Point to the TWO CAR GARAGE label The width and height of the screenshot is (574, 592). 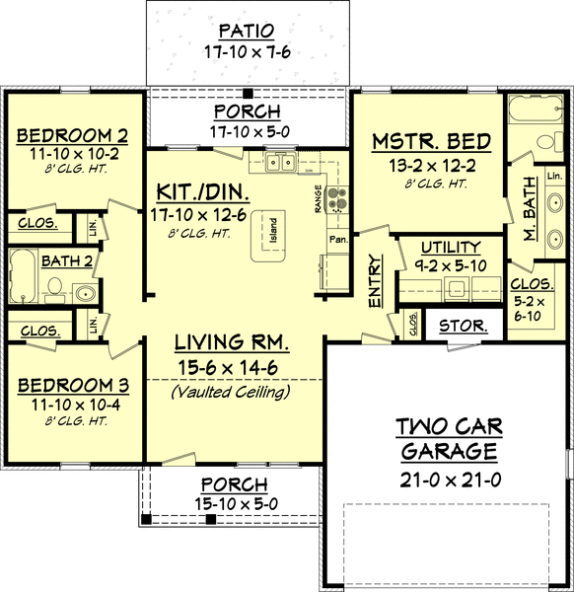tap(450, 439)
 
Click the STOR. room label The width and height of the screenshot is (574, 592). tap(460, 325)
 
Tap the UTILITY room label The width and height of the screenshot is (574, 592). tap(450, 248)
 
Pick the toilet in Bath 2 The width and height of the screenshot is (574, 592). tap(55, 289)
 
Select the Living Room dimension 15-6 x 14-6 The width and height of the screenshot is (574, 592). tap(232, 368)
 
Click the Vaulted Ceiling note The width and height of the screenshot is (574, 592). tap(231, 392)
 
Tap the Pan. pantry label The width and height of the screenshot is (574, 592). tap(336, 239)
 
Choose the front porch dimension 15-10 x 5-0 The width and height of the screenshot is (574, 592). tap(234, 504)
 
